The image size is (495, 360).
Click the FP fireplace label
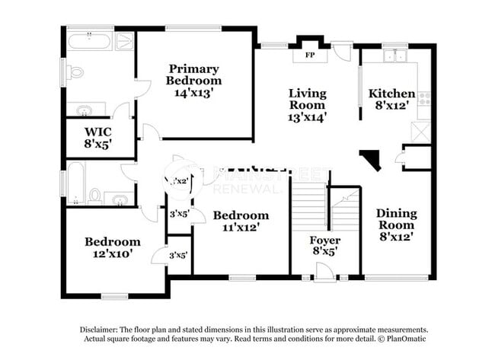click(310, 56)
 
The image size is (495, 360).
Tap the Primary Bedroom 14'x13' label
click(194, 80)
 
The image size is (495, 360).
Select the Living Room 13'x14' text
click(307, 105)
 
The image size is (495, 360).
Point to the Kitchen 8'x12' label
click(392, 100)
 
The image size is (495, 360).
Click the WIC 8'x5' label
click(98, 137)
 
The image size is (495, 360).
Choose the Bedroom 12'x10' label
click(112, 247)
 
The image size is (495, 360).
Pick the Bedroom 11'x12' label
click(241, 221)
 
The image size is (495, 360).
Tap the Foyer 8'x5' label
click(324, 244)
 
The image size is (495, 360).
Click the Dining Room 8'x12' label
click(396, 225)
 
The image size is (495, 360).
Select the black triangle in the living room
click(372, 159)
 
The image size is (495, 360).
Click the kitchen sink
click(394, 56)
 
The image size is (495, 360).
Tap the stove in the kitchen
click(424, 99)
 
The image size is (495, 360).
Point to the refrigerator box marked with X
click(421, 131)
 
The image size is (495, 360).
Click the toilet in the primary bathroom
click(75, 73)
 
